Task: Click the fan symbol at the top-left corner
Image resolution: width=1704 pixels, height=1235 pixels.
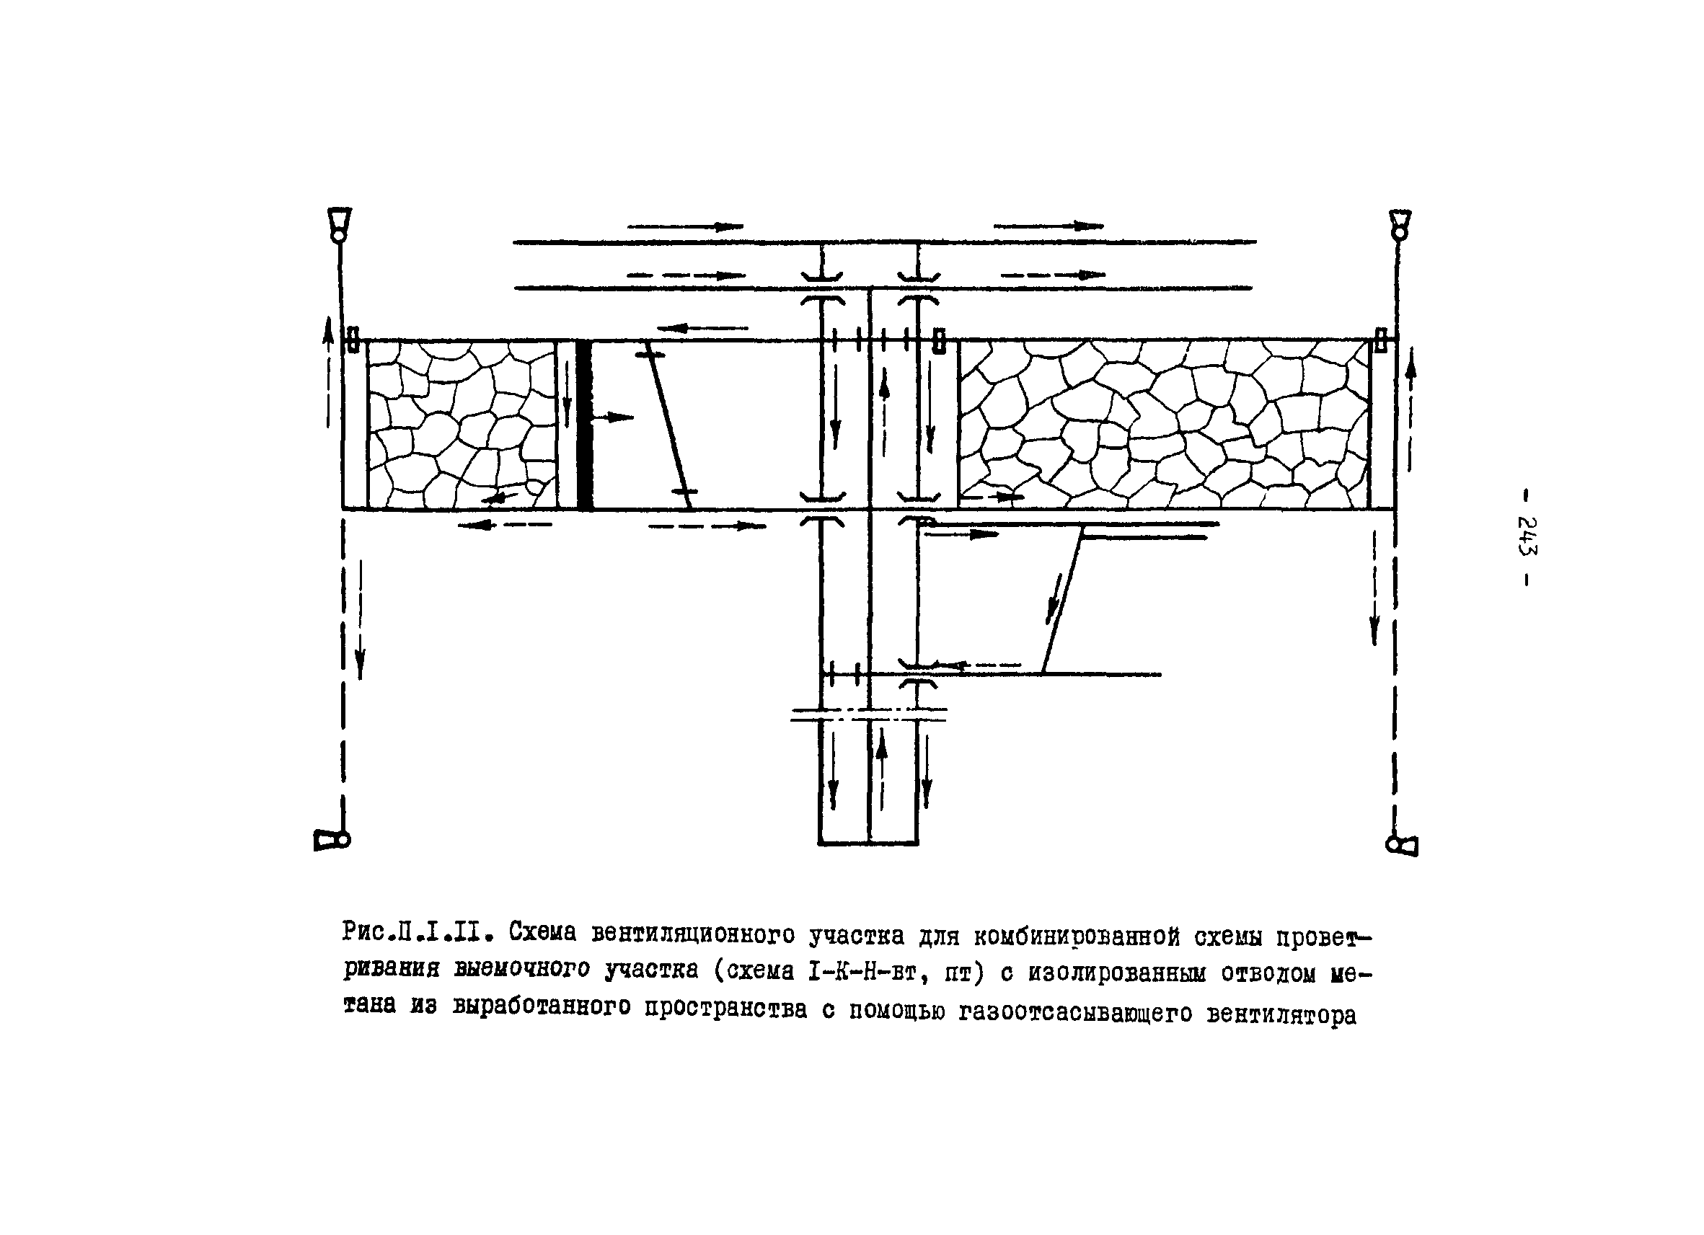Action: (339, 223)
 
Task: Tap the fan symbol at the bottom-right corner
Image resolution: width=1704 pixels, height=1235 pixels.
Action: (1402, 845)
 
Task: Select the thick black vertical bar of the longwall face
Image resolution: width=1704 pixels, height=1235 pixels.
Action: (585, 425)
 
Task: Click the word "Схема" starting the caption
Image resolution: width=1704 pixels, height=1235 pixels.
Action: (542, 932)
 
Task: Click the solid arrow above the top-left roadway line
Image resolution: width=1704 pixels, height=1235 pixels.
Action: (685, 226)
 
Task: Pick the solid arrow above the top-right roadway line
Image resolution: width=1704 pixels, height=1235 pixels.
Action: (1049, 226)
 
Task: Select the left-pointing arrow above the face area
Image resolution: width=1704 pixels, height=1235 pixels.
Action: (702, 327)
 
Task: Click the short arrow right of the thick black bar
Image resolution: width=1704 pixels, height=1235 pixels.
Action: (612, 417)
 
